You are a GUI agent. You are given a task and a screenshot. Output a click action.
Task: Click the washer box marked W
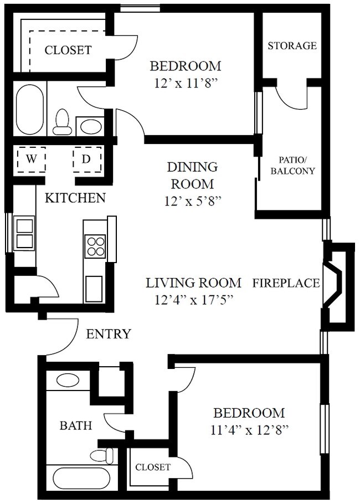point(32,160)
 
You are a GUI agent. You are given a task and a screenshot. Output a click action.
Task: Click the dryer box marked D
point(87,160)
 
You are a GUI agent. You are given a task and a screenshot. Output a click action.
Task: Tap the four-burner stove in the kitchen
point(95,245)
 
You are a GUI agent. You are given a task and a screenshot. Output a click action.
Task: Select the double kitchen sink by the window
point(24,234)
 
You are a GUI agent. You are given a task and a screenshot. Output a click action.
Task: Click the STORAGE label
point(292,45)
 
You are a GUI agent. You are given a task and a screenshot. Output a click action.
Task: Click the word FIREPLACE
point(286,283)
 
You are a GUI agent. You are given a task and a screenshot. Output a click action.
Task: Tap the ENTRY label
point(109,333)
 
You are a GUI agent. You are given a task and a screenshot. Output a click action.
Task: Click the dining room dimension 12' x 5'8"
point(193,201)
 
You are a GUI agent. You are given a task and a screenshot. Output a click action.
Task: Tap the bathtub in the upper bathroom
point(29,109)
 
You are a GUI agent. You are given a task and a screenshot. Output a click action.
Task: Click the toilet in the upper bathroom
point(63,122)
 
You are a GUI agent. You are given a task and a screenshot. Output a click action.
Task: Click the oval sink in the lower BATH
point(68,380)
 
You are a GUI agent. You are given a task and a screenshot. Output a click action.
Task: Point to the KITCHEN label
point(75,198)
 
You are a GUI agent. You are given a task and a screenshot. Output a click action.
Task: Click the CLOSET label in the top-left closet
point(68,50)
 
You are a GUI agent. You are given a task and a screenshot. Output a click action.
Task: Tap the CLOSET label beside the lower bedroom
point(153,467)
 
